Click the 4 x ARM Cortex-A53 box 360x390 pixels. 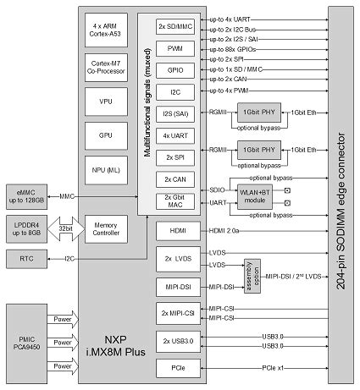(x=107, y=31)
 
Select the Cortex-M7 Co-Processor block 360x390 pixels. (x=107, y=69)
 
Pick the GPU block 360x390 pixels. (x=107, y=135)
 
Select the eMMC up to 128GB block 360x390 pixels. (x=30, y=195)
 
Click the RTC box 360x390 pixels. (x=30, y=256)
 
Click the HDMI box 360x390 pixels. (x=175, y=229)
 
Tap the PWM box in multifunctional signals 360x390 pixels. (x=175, y=50)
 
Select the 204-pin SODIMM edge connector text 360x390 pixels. (x=339, y=195)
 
